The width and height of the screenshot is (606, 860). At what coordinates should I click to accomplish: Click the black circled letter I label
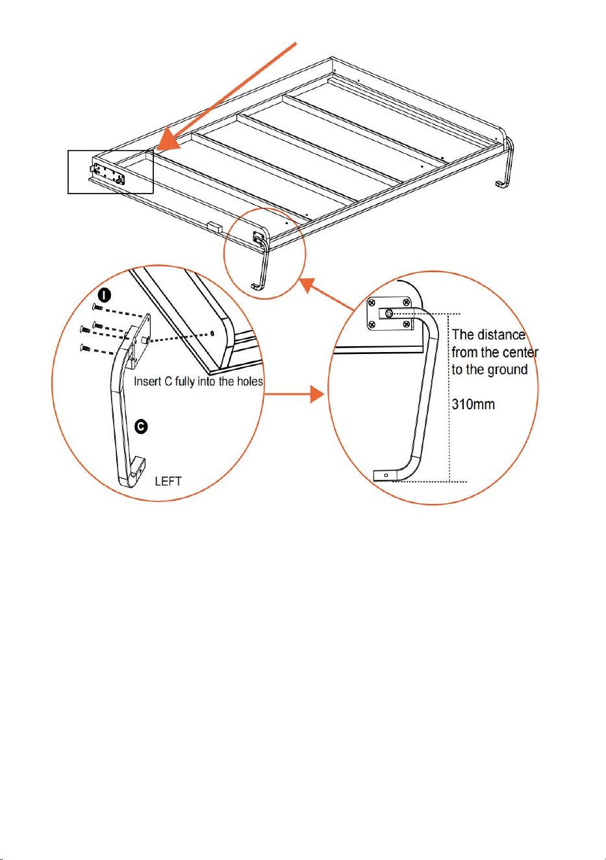click(x=104, y=296)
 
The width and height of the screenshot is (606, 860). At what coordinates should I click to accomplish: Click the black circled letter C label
click(x=141, y=427)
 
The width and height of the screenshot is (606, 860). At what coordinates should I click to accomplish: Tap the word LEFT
click(x=168, y=481)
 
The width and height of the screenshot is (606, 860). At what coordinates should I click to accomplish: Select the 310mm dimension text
click(x=473, y=404)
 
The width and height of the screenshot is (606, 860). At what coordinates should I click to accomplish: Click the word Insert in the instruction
click(x=147, y=381)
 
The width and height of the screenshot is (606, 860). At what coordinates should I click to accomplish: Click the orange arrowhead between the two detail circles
click(x=317, y=394)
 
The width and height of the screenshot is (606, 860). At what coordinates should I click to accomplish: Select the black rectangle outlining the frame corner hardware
click(x=110, y=171)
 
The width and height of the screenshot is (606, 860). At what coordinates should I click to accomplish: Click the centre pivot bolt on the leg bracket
click(x=389, y=314)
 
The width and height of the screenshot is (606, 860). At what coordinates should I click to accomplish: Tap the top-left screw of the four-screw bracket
click(x=372, y=303)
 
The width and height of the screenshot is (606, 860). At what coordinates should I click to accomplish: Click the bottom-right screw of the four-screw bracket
click(x=406, y=325)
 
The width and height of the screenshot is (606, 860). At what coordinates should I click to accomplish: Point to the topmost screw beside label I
click(x=97, y=307)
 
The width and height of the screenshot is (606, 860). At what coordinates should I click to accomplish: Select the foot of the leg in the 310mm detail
click(x=386, y=475)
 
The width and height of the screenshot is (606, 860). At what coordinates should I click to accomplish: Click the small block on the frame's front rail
click(x=215, y=227)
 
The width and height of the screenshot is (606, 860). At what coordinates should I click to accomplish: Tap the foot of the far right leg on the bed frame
click(x=500, y=184)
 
